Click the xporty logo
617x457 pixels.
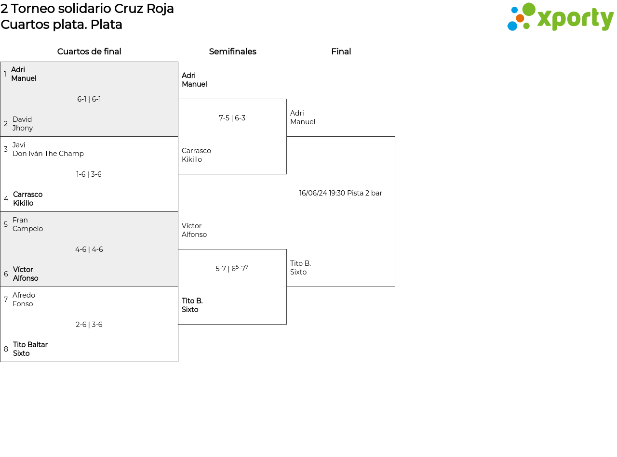coord(560,17)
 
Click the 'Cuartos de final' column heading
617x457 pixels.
coord(89,52)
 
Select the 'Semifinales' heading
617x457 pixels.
coord(232,52)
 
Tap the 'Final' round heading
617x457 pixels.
coord(341,52)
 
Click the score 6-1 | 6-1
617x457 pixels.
coord(89,99)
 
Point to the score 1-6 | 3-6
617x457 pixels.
coord(89,174)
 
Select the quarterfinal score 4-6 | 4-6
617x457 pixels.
coord(89,249)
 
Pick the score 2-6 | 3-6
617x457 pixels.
coord(89,325)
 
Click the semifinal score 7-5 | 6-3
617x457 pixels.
coord(232,118)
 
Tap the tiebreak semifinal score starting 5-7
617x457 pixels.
coord(232,268)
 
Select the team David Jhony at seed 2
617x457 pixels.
coord(23,124)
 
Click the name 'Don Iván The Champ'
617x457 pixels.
coord(48,154)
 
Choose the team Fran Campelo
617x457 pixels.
coord(28,224)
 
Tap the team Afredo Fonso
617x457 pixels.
coord(24,300)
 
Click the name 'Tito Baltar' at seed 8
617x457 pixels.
coord(30,345)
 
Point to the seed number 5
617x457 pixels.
coord(6,224)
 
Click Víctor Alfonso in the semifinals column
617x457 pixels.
coord(194,230)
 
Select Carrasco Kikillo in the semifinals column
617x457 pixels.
coord(196,155)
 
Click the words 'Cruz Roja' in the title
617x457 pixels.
coord(144,9)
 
